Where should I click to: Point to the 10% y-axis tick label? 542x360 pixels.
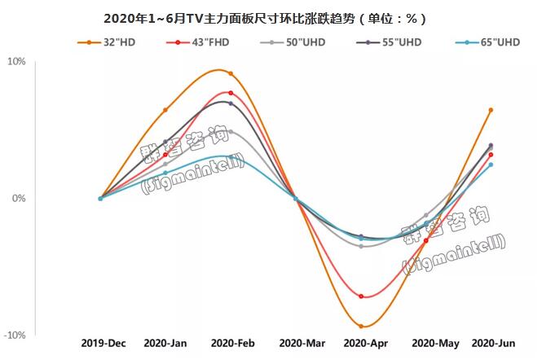18,62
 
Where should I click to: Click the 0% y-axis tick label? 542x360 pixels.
20,199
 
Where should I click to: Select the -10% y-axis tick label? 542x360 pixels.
16,335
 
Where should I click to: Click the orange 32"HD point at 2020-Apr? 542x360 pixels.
361,327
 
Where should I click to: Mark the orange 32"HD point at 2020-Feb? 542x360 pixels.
231,74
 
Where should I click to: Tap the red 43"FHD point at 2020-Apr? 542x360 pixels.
361,296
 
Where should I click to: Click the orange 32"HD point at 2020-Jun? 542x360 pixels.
491,110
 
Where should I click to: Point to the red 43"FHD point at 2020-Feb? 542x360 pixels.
231,94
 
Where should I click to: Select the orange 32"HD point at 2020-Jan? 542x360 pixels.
165,110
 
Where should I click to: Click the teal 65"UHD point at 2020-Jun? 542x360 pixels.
491,165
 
